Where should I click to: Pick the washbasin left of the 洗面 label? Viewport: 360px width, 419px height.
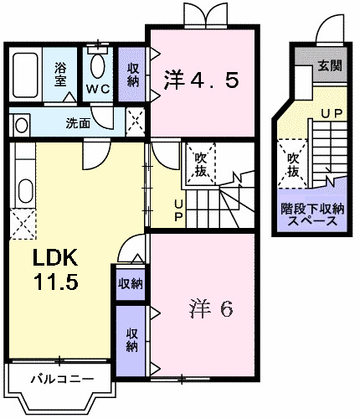pyautogui.click(x=21, y=124)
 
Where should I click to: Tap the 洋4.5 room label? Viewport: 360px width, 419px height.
pyautogui.click(x=202, y=80)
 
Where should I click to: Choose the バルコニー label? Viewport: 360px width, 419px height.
pyautogui.click(x=58, y=379)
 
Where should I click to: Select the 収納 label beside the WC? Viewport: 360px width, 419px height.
pyautogui.click(x=133, y=74)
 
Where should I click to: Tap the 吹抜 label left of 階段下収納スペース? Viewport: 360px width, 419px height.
pyautogui.click(x=293, y=163)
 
